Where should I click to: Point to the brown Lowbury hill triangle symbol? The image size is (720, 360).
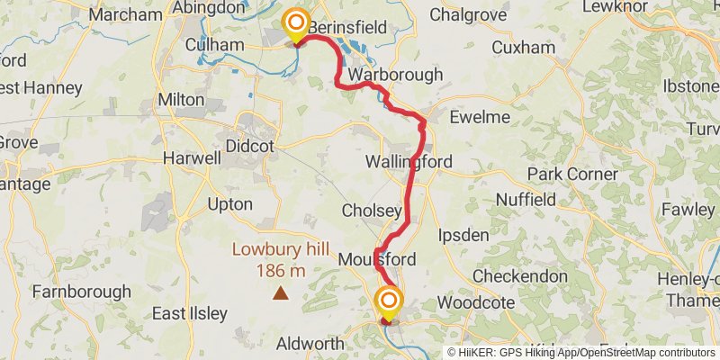281,292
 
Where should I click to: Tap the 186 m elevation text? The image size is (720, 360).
281,270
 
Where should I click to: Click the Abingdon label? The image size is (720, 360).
209,8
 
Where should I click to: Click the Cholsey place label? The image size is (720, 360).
372,211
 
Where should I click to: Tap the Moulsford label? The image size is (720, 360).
377,260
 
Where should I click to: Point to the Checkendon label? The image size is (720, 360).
520,276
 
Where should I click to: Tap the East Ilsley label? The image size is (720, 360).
188,314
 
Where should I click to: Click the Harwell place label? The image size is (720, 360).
192,158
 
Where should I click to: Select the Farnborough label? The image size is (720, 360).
81,292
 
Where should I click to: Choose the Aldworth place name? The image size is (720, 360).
310,345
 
